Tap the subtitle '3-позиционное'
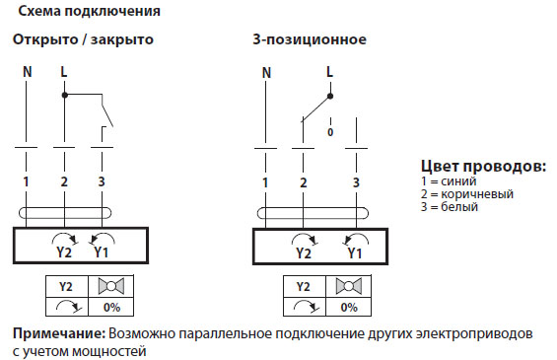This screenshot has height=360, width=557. [x=309, y=40]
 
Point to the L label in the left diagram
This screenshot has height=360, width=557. [x=64, y=73]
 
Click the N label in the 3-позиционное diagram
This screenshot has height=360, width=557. [x=266, y=73]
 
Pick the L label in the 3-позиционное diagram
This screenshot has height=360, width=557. [x=328, y=73]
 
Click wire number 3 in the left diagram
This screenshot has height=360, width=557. [x=102, y=182]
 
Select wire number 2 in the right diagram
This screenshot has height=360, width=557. [x=304, y=182]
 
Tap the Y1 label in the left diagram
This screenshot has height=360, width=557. [x=101, y=252]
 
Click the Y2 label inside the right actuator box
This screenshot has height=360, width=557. [x=303, y=252]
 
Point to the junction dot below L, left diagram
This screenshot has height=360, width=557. [x=64, y=96]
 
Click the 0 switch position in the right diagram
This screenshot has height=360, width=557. [x=329, y=130]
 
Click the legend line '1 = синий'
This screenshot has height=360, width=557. [x=448, y=181]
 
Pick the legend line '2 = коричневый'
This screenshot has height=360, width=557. [x=466, y=194]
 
